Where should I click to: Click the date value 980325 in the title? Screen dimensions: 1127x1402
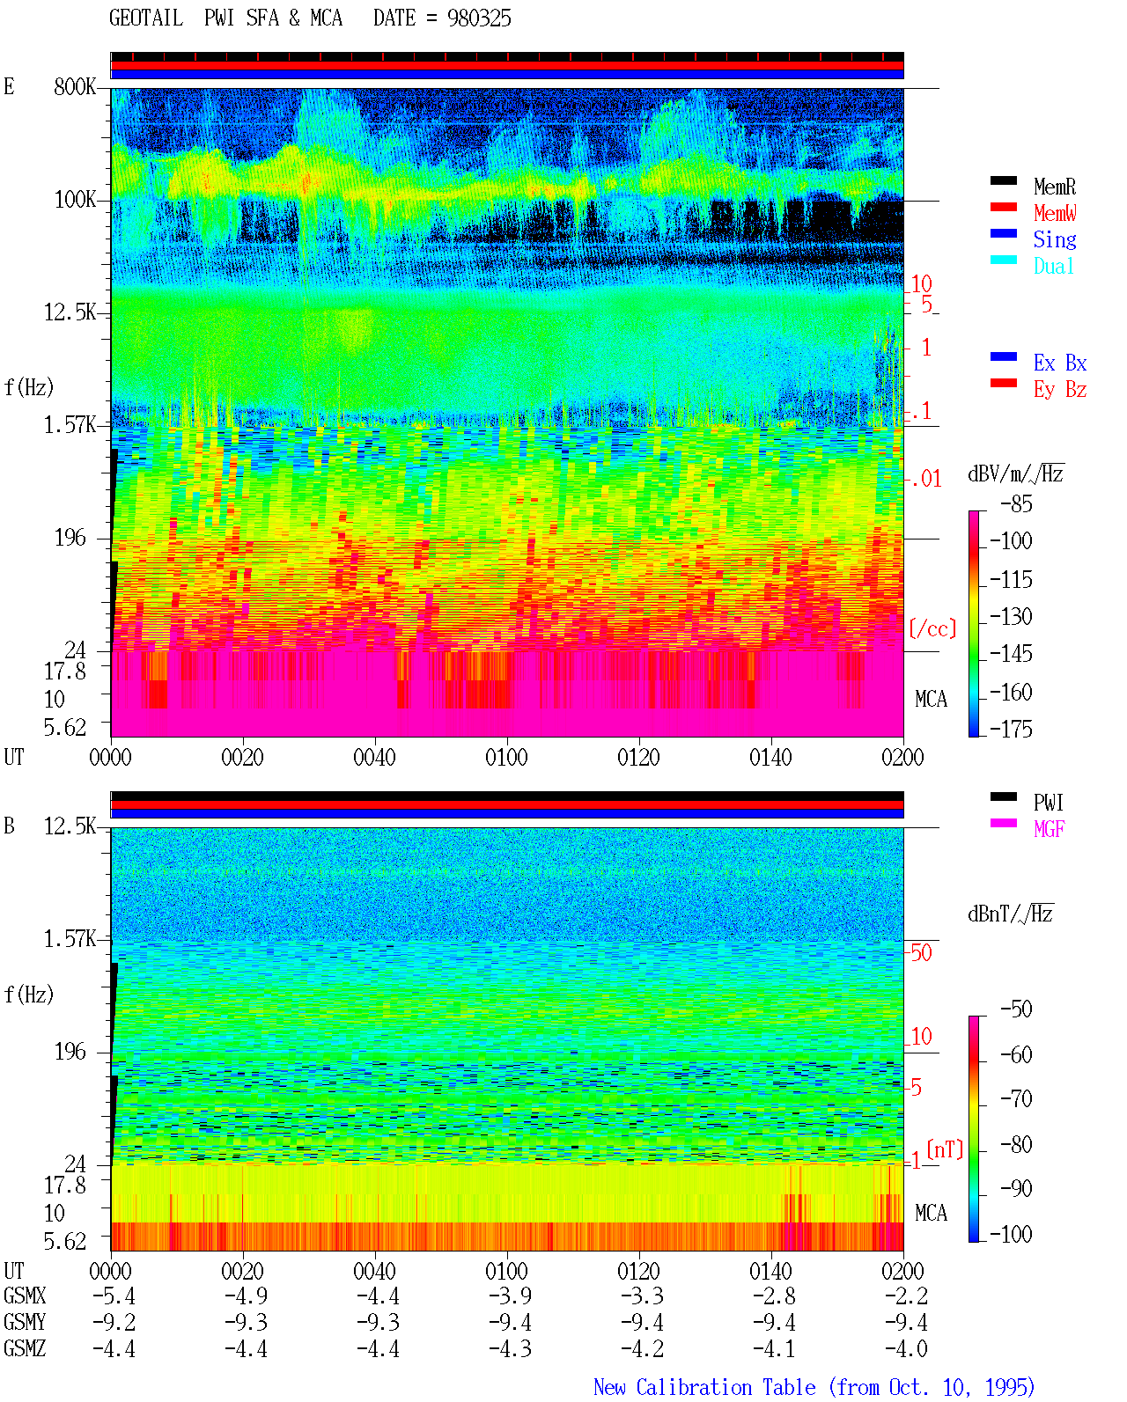[x=479, y=18]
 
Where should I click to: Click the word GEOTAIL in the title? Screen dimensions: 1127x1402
[x=146, y=18]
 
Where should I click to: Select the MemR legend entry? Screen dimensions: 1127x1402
[x=1055, y=187]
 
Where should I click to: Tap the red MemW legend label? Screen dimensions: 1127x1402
[x=1055, y=213]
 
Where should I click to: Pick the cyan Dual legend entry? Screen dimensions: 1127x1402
[x=1053, y=266]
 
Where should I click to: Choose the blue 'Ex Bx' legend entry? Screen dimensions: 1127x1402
[x=1060, y=363]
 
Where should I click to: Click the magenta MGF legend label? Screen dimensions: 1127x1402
[x=1049, y=829]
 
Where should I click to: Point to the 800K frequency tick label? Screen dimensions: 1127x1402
[x=75, y=87]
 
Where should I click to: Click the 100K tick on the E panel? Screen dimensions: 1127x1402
[x=75, y=200]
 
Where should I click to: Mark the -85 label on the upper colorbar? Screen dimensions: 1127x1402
[x=1016, y=504]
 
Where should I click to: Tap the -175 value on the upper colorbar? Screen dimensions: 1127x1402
[x=1011, y=729]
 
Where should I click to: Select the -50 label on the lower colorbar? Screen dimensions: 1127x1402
[x=1016, y=1009]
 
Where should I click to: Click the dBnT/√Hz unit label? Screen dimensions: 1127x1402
[x=1010, y=914]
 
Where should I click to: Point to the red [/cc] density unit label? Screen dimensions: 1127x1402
[x=932, y=628]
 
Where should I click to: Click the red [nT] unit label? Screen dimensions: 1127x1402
[x=945, y=1149]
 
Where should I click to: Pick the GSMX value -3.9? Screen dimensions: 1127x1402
[x=511, y=1296]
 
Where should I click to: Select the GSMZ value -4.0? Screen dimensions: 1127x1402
[x=906, y=1348]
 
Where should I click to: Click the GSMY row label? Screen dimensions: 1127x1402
[x=25, y=1322]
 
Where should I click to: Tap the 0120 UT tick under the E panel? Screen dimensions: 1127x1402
[x=639, y=757]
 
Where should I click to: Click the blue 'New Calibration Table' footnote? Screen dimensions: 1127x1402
[x=704, y=1387]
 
